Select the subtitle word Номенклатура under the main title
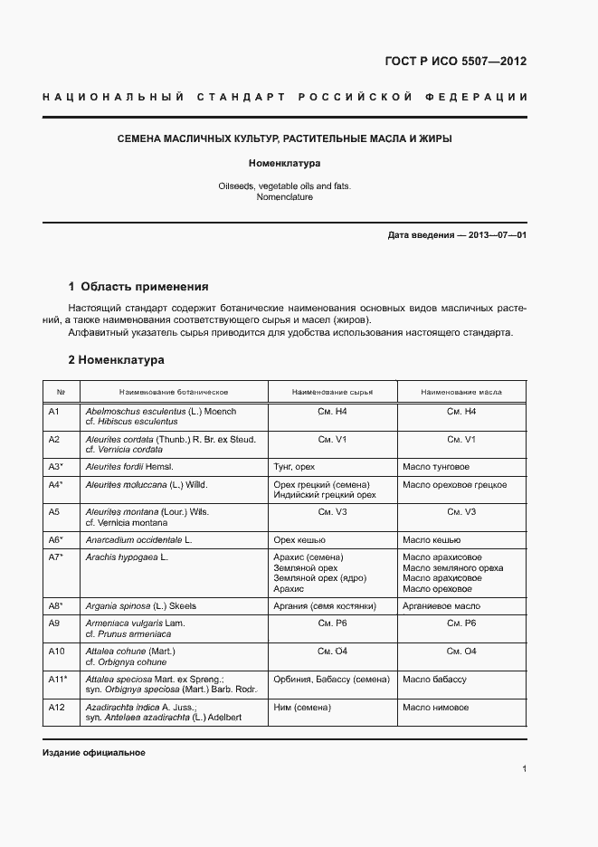point(285,164)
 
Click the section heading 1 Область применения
point(138,287)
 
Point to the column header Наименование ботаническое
point(173,392)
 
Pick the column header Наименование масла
point(461,392)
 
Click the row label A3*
point(55,466)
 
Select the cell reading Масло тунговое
point(436,466)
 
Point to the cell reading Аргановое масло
point(442,605)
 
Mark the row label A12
point(55,706)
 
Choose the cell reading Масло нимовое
point(435,706)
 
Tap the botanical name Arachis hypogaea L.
point(127,557)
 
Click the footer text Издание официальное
point(93,753)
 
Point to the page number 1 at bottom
point(524,769)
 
